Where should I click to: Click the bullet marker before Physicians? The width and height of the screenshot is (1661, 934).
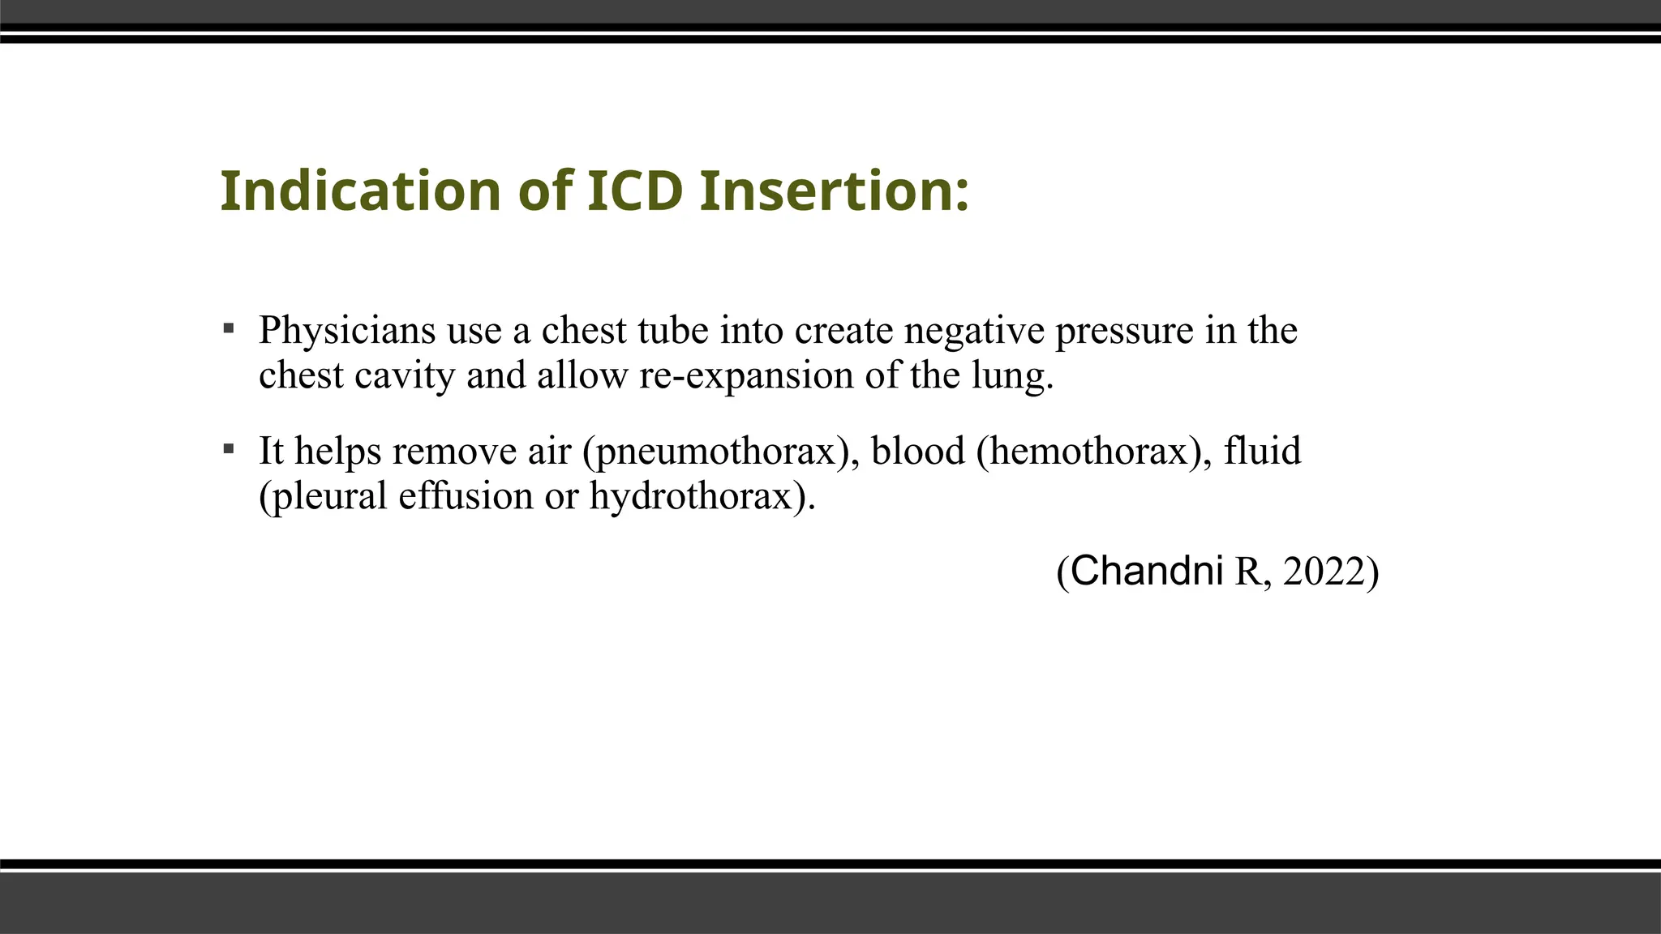(x=229, y=328)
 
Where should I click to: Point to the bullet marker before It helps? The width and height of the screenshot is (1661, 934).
(x=229, y=448)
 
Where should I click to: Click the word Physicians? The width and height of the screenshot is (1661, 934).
(x=347, y=331)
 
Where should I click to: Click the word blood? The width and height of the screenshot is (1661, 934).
(x=918, y=450)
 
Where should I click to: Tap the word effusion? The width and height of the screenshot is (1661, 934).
(x=466, y=496)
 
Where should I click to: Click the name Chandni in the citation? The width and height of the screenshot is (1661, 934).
(x=1147, y=571)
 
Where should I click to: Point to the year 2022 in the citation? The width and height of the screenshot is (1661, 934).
(x=1324, y=572)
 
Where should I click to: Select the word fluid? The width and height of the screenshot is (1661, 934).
(x=1262, y=450)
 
